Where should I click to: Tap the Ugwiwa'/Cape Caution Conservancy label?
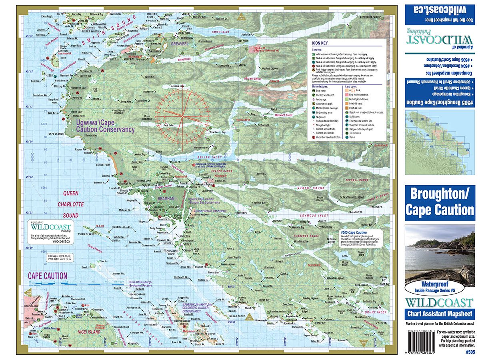(x=105, y=127)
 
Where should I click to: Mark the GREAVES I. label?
(x=180, y=43)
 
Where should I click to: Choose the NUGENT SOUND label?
(x=313, y=188)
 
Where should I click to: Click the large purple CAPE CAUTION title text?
(x=47, y=276)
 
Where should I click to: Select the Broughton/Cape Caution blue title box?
(x=440, y=202)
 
